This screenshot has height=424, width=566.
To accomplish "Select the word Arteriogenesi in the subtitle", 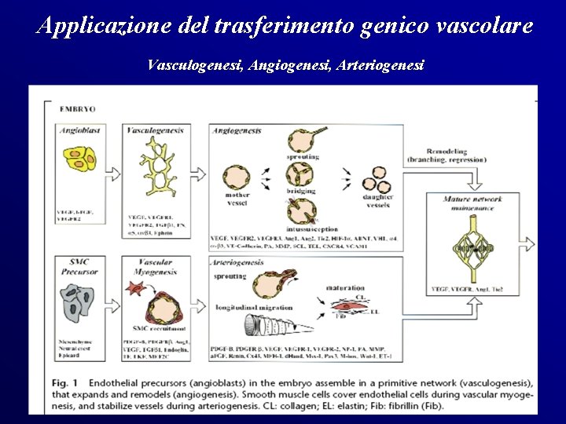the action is pos(380,65).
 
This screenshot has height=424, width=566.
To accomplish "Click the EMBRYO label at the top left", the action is pos(76,108).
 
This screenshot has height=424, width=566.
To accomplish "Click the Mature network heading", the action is pos(472,199).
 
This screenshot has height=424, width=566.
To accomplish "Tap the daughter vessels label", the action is pos(376,200).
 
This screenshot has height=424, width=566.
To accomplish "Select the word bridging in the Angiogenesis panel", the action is pos(301,191).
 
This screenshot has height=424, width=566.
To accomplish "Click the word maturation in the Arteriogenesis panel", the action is pos(345,288).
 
